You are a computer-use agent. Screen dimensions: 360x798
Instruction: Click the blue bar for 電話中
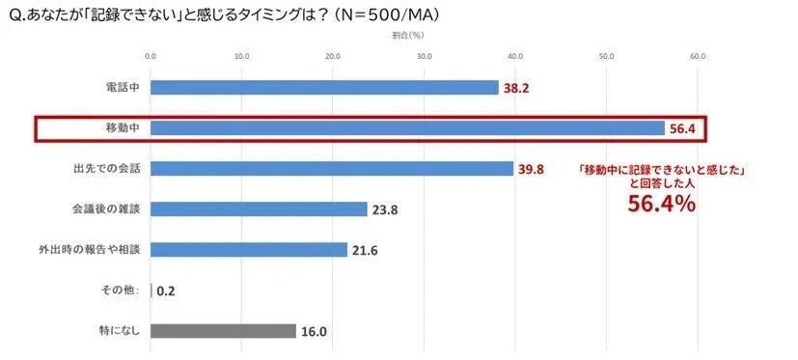point(324,88)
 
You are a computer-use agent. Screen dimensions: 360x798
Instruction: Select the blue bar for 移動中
point(407,128)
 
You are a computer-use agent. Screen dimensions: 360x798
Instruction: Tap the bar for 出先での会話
point(332,169)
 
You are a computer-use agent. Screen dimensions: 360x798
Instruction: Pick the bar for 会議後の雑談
point(259,209)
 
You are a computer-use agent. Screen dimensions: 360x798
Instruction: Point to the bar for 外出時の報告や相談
point(249,250)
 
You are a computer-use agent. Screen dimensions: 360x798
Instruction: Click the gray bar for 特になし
point(223,331)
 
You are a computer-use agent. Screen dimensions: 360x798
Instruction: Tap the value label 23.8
point(387,209)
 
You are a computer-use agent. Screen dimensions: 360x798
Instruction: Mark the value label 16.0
point(315,332)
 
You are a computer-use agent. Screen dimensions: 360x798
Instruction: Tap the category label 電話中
point(123,88)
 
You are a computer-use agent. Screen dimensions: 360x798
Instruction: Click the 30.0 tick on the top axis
point(424,55)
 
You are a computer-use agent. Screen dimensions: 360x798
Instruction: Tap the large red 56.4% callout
point(662,204)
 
